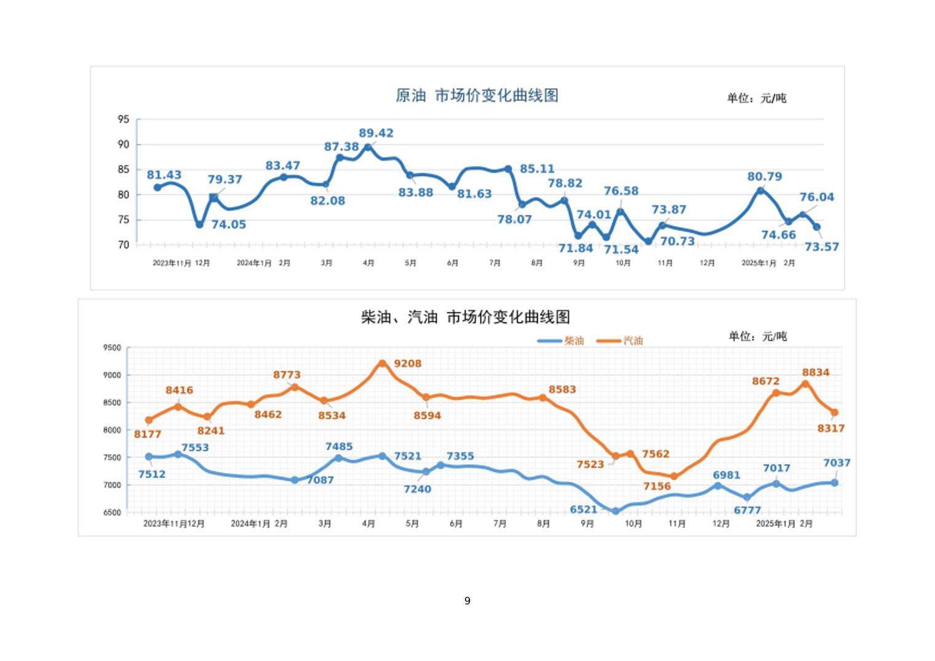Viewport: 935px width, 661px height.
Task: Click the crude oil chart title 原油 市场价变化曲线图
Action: (477, 96)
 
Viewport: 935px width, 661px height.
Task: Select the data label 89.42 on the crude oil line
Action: (376, 134)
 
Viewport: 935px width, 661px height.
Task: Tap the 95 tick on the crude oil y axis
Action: (123, 119)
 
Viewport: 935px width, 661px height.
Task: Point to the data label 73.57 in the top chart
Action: (822, 247)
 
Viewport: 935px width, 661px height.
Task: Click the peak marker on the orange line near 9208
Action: (382, 364)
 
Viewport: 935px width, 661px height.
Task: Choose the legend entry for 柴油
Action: (561, 341)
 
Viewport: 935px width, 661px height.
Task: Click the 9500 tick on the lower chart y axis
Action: (112, 348)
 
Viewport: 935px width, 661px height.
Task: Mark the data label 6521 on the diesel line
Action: (583, 510)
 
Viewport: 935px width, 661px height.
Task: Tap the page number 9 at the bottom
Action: (468, 601)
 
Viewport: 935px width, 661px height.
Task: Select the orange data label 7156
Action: (657, 487)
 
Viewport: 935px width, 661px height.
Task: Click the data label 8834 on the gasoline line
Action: (816, 372)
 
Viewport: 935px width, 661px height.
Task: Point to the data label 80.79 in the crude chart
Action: (765, 177)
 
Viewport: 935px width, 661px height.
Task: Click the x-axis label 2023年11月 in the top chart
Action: (172, 263)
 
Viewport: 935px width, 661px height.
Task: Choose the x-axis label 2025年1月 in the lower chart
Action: (775, 524)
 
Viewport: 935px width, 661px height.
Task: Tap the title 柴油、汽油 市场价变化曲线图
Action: (465, 318)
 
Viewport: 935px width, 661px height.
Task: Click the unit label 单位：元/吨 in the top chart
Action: (757, 98)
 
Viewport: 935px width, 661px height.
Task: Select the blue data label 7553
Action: (195, 448)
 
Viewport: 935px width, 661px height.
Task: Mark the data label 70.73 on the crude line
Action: (677, 242)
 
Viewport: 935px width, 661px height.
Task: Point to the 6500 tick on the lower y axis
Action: (112, 513)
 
